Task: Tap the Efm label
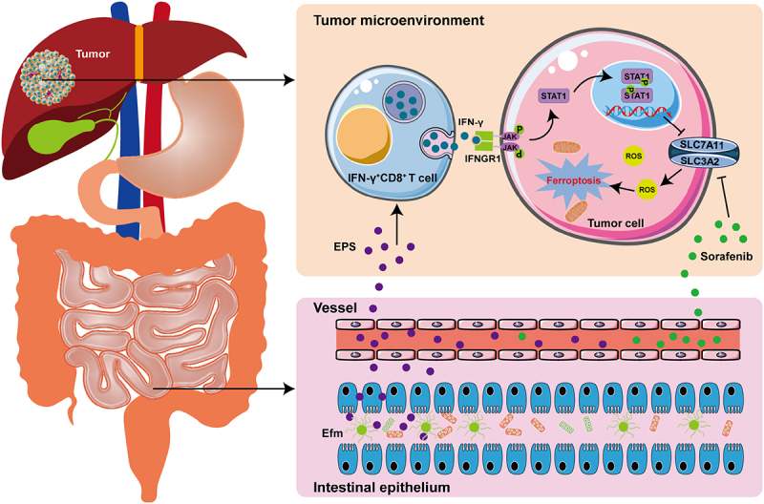click(331, 430)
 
